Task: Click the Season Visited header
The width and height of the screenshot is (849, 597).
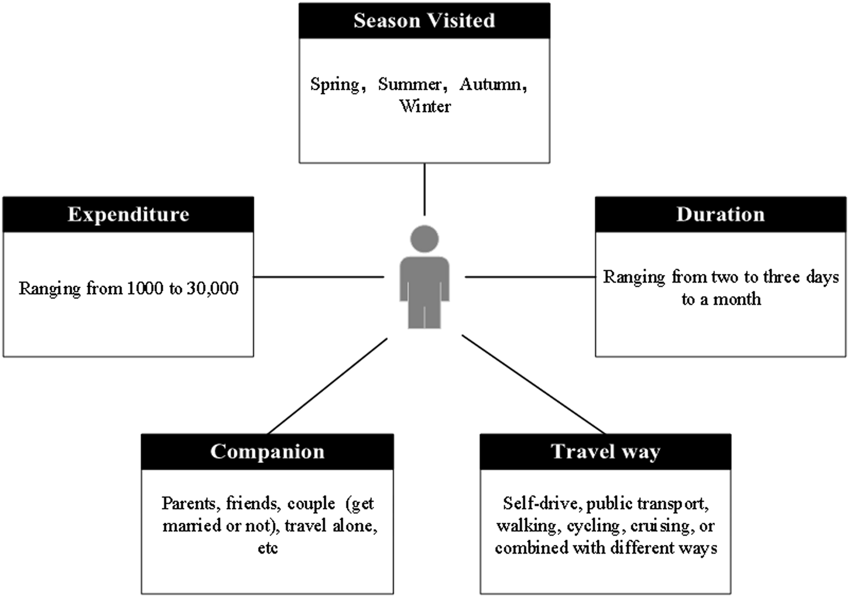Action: [x=424, y=21]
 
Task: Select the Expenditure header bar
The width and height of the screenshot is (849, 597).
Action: [x=128, y=215]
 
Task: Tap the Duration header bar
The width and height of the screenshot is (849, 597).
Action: [x=720, y=215]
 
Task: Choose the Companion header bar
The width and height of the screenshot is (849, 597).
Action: [x=267, y=452]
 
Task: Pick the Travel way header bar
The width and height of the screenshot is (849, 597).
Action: [x=605, y=452]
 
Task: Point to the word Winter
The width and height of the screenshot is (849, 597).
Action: [x=425, y=107]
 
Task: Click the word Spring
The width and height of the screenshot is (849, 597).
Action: [x=334, y=84]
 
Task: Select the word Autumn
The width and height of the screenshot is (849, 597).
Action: [x=491, y=84]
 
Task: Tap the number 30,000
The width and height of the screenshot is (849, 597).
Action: [x=213, y=289]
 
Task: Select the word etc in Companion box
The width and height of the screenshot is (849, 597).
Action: [x=268, y=548]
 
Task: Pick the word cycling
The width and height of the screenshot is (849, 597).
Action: [x=593, y=526]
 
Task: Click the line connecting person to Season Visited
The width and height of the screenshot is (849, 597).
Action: [x=424, y=189]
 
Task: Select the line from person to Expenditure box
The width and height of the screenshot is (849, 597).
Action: [x=319, y=277]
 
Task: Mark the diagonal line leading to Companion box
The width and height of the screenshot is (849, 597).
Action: [x=327, y=386]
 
